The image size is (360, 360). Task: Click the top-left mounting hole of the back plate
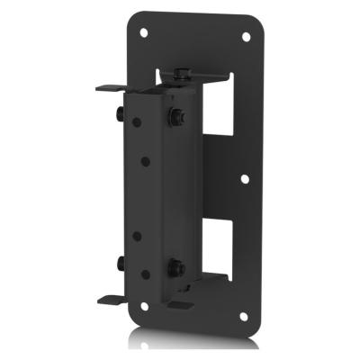coord(145,30)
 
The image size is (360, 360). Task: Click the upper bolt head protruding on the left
coord(118,114)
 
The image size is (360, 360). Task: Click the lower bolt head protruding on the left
coord(118,263)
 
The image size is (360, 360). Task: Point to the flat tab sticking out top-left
coord(106,89)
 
